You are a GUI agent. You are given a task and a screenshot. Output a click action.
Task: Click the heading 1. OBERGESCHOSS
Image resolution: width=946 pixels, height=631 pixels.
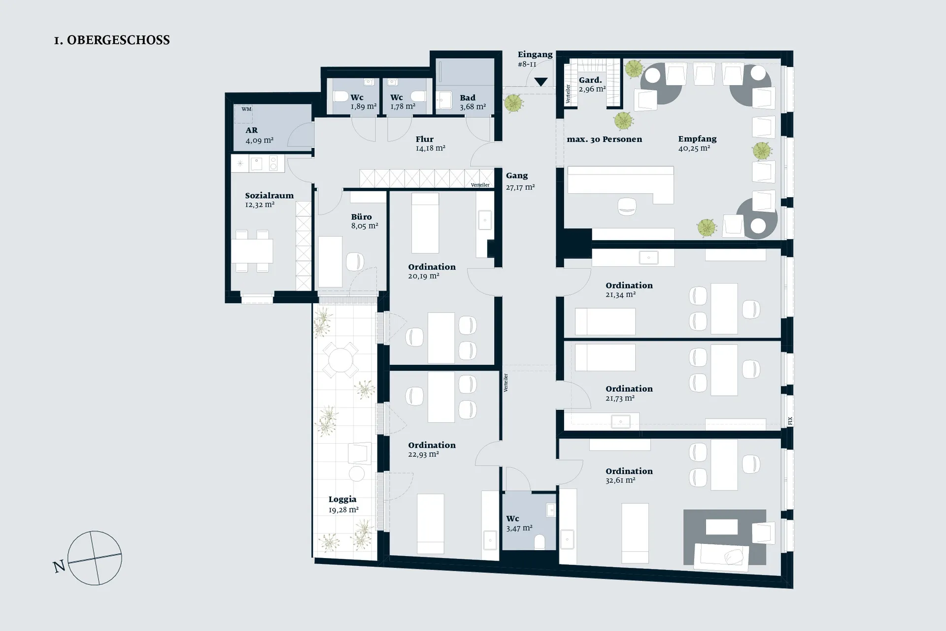[x=112, y=40]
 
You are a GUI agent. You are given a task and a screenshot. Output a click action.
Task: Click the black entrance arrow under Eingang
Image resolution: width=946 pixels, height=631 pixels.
[x=541, y=82]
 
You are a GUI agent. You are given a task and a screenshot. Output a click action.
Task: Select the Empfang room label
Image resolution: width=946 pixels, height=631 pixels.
[x=697, y=139]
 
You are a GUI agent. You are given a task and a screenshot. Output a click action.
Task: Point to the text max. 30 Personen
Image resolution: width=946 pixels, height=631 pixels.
[x=605, y=140]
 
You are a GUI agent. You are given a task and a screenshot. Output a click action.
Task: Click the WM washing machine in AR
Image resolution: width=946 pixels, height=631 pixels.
[x=243, y=114]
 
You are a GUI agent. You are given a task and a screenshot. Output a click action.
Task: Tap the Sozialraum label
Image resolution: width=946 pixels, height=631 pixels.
[x=270, y=196]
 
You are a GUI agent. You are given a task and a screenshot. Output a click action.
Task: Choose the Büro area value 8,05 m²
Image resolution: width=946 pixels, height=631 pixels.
[x=365, y=226]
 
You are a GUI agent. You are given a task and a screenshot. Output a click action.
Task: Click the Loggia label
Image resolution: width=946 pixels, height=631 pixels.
[x=342, y=499]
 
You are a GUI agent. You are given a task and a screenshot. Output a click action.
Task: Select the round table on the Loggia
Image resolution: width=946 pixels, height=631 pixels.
[x=340, y=360]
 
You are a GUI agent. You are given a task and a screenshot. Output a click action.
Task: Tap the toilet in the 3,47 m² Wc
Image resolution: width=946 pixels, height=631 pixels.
[x=540, y=542]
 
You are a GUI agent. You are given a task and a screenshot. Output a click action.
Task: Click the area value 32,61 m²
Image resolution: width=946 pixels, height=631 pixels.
[x=620, y=480]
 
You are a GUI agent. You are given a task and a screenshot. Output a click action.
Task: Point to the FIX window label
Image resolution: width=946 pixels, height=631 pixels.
[x=790, y=421]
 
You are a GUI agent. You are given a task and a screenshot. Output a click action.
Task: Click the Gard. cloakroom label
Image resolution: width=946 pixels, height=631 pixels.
[x=590, y=80]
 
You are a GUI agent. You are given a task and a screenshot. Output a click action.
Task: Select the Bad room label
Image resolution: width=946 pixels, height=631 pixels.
[x=468, y=98]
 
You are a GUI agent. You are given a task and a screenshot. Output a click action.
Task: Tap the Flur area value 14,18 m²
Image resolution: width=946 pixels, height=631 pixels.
[x=431, y=148]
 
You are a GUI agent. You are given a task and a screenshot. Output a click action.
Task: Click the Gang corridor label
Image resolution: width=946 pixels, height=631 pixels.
[x=517, y=175]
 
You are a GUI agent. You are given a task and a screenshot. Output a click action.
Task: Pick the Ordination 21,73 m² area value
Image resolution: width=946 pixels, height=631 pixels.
[x=620, y=398]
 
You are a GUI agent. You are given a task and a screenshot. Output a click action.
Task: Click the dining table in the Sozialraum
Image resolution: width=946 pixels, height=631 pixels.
[x=252, y=251]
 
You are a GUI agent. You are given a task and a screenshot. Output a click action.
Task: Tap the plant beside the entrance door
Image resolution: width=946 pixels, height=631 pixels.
[x=513, y=104]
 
